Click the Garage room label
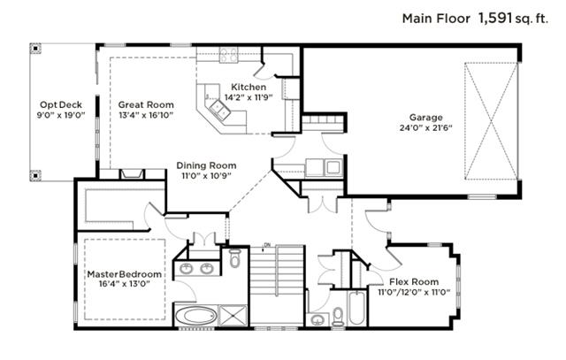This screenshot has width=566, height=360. tap(425, 118)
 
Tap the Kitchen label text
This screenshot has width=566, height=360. tap(249, 87)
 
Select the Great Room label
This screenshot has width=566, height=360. tap(146, 104)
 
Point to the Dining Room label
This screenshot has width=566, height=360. tap(206, 165)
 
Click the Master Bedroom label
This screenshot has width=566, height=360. tap(124, 274)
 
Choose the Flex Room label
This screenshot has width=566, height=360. tap(414, 281)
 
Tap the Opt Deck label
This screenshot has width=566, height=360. tap(61, 105)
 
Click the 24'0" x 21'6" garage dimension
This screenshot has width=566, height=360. tap(426, 128)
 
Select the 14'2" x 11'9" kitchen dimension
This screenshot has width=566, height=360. tap(248, 97)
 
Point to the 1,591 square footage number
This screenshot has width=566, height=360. tap(495, 18)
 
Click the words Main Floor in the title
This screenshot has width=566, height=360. tap(436, 19)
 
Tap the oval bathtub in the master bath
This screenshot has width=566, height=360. tap(196, 316)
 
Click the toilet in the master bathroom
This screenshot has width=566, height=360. tap(234, 257)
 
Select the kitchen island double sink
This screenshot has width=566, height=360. tap(220, 110)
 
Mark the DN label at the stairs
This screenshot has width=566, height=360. tap(267, 245)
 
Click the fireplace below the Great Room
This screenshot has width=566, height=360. tap(132, 174)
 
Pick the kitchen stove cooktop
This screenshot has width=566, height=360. tap(228, 56)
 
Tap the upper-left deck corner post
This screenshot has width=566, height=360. tap(35, 49)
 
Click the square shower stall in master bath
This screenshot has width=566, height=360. tap(233, 316)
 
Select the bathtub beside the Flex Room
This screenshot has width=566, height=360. tap(357, 308)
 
